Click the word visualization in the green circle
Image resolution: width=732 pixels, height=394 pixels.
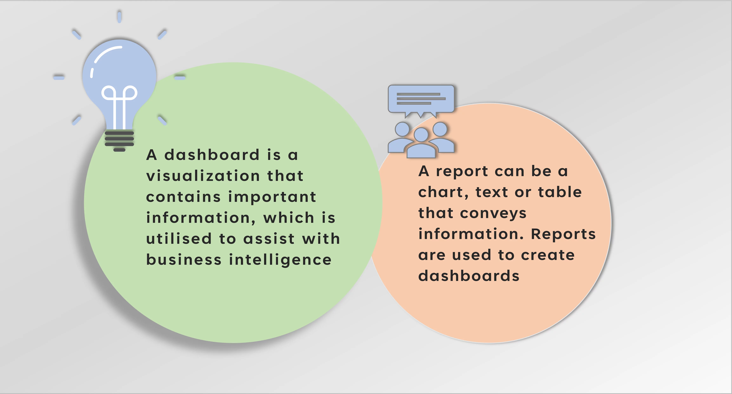point(203,176)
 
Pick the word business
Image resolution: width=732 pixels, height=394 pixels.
point(184,259)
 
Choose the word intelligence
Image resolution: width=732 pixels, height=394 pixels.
point(280,260)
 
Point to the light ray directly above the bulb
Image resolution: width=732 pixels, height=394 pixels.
point(119,17)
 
